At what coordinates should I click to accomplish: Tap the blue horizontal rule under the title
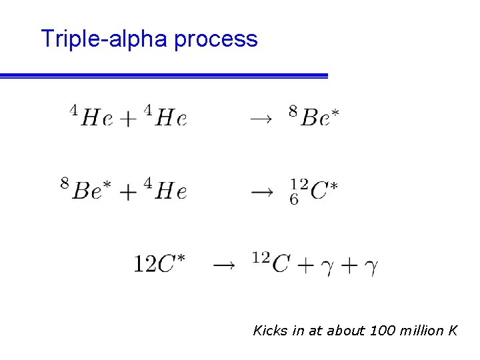click(x=164, y=76)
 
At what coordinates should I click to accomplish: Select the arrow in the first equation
click(x=261, y=119)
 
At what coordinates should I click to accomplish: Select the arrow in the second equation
click(x=261, y=192)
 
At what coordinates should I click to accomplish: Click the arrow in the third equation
click(x=223, y=265)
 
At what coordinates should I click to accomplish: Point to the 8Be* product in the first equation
click(x=314, y=117)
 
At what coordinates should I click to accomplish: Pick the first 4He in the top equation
click(x=92, y=117)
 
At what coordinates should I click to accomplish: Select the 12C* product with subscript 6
click(x=313, y=191)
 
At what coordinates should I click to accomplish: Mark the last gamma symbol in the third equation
click(x=371, y=266)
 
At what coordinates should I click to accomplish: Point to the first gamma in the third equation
click(x=325, y=266)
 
